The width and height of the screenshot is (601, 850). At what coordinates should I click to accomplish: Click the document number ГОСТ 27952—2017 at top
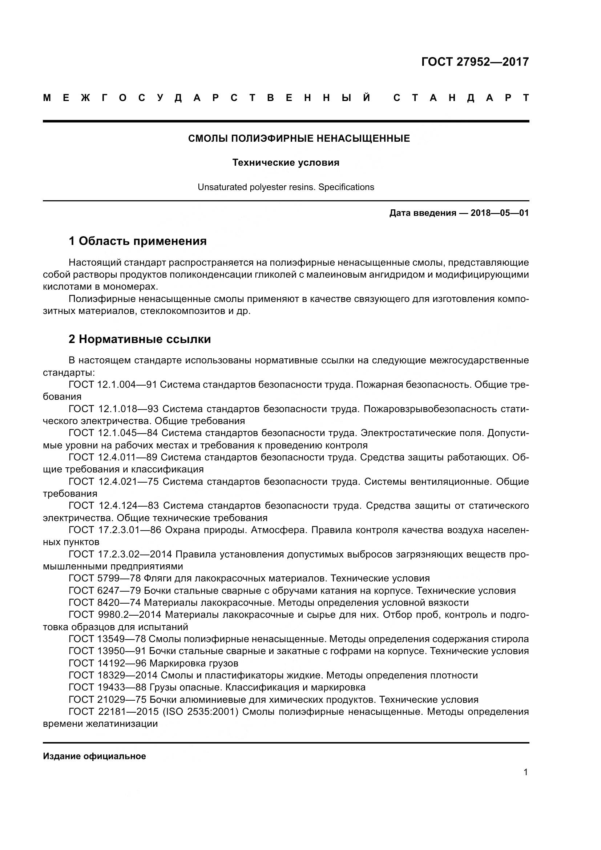(475, 62)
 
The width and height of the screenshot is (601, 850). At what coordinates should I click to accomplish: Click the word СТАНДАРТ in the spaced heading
(461, 98)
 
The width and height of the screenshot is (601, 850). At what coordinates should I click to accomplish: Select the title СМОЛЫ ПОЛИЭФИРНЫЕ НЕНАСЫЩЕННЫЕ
(299, 138)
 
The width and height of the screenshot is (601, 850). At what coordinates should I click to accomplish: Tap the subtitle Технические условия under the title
(286, 162)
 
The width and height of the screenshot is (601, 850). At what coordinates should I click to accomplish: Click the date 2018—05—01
(500, 213)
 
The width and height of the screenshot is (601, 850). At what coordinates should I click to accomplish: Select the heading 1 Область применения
(138, 241)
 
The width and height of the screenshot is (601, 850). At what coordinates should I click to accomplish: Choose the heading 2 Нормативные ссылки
(140, 339)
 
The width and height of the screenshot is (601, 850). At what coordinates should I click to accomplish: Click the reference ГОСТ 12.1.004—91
(113, 384)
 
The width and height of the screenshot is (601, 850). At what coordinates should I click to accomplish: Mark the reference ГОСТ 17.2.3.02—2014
(120, 554)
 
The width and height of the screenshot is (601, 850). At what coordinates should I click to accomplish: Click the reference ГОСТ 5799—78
(104, 578)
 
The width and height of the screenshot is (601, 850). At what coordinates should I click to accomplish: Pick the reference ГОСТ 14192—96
(107, 663)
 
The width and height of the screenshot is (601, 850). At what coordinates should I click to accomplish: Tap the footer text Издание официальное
(94, 756)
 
